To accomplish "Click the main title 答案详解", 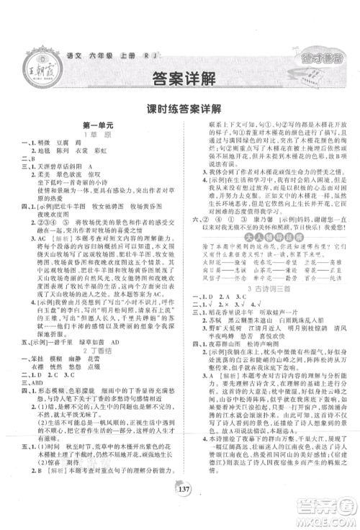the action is click(181, 78).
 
